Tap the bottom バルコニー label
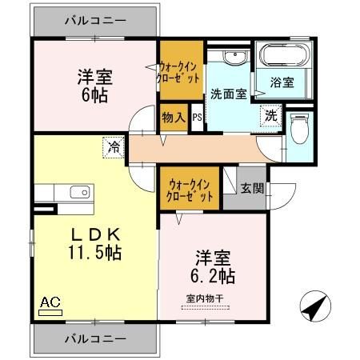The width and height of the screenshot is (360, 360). pos(94,339)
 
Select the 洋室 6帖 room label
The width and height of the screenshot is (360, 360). pos(94,85)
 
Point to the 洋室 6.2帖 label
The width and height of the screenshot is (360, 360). pos(211,268)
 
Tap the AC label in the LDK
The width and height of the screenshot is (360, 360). pos(50,303)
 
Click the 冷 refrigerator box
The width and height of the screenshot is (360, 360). pos(115,147)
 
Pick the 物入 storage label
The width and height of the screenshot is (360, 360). pos(174,118)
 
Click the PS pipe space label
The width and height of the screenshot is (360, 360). pos(197,118)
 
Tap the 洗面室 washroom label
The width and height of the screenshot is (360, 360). pos(228,93)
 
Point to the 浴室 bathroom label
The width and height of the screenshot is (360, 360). pos(281,82)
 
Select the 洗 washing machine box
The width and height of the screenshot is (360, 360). pos(272,115)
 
